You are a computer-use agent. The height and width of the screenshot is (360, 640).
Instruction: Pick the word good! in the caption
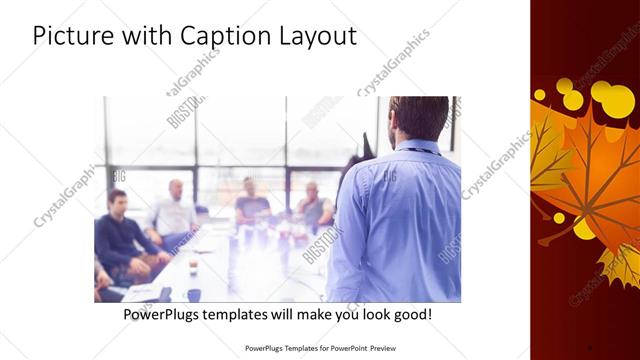click(x=413, y=314)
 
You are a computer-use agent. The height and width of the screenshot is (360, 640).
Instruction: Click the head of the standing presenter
click(x=419, y=117)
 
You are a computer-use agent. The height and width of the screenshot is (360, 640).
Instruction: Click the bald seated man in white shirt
click(x=173, y=210)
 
